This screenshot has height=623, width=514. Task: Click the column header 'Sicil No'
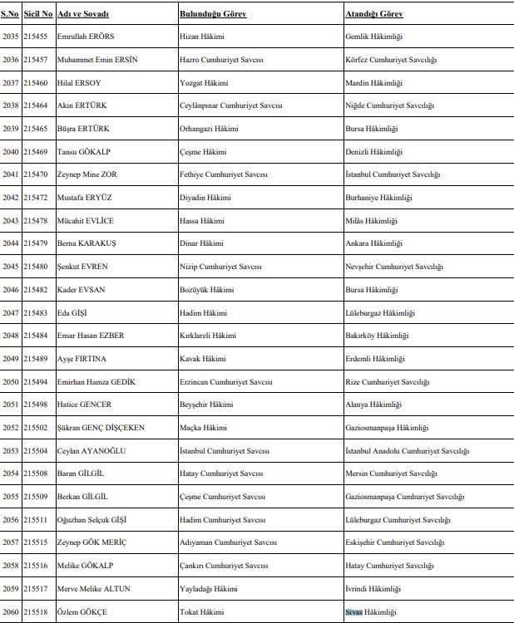[38, 15]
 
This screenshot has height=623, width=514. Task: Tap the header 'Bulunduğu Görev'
[212, 15]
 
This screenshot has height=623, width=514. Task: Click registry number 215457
[36, 61]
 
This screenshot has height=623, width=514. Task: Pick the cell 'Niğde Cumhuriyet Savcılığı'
[389, 106]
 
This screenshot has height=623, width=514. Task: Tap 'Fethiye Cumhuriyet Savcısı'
[226, 175]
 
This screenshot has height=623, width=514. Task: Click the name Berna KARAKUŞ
[87, 243]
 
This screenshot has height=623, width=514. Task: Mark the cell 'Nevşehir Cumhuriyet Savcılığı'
[393, 267]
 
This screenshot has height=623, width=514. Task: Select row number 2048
[11, 336]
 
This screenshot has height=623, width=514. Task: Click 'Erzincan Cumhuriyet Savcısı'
[226, 381]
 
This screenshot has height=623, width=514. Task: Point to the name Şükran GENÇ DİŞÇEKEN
[101, 428]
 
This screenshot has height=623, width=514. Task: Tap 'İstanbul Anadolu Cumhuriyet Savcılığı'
[407, 451]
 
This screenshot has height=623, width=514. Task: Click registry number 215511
[36, 520]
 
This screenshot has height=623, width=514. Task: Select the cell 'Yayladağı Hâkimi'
[210, 589]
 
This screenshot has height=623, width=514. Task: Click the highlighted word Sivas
[355, 612]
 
